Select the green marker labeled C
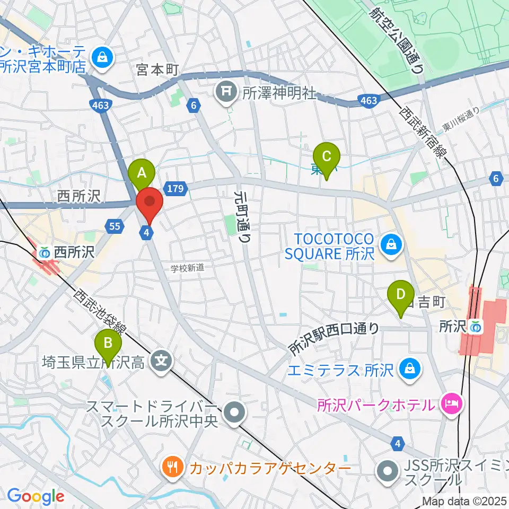[327, 157]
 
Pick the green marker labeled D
[401, 294]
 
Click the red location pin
[150, 202]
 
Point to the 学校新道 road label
[187, 268]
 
